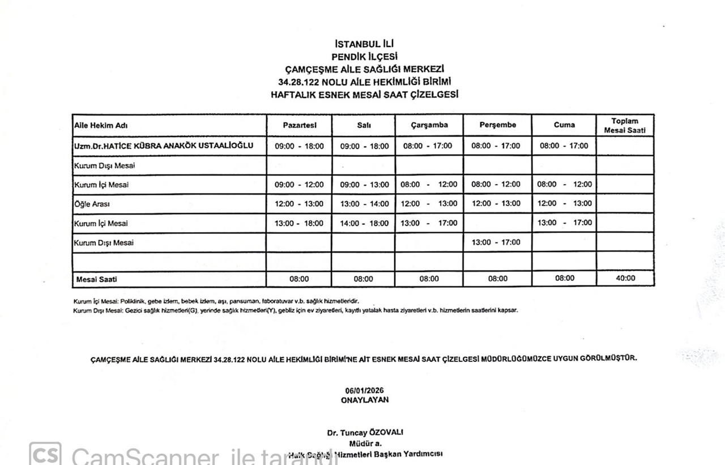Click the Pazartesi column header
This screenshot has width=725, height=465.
[299, 125]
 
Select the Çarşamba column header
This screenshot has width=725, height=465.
[429, 125]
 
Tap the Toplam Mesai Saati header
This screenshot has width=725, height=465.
[625, 126]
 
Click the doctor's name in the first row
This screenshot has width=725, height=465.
[163, 146]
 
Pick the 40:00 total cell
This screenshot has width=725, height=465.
[625, 278]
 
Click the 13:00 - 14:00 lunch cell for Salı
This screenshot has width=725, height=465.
[364, 204]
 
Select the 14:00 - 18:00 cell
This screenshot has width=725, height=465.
[364, 223]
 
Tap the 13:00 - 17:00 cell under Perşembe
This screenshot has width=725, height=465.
[496, 242]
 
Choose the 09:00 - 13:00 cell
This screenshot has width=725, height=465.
[364, 185]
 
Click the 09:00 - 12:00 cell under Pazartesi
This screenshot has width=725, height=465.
[299, 185]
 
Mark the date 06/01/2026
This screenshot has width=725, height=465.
[365, 391]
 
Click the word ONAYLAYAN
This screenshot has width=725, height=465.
[365, 399]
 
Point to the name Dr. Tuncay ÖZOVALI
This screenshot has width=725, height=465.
[365, 433]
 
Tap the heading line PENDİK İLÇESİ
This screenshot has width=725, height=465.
[364, 56]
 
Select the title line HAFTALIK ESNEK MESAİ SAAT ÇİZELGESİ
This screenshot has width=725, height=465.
[364, 95]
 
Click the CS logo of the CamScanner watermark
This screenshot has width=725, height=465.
[45, 454]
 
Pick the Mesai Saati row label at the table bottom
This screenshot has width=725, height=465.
[96, 279]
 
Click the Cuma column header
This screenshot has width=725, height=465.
[564, 125]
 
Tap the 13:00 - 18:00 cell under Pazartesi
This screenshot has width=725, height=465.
[299, 223]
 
